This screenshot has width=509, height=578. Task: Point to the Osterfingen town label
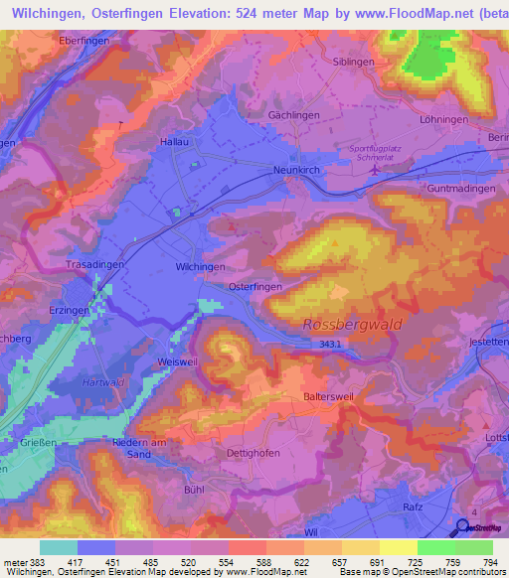point(255,285)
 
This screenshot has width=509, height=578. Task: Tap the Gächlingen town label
point(293,115)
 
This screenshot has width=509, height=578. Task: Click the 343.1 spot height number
point(330,344)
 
